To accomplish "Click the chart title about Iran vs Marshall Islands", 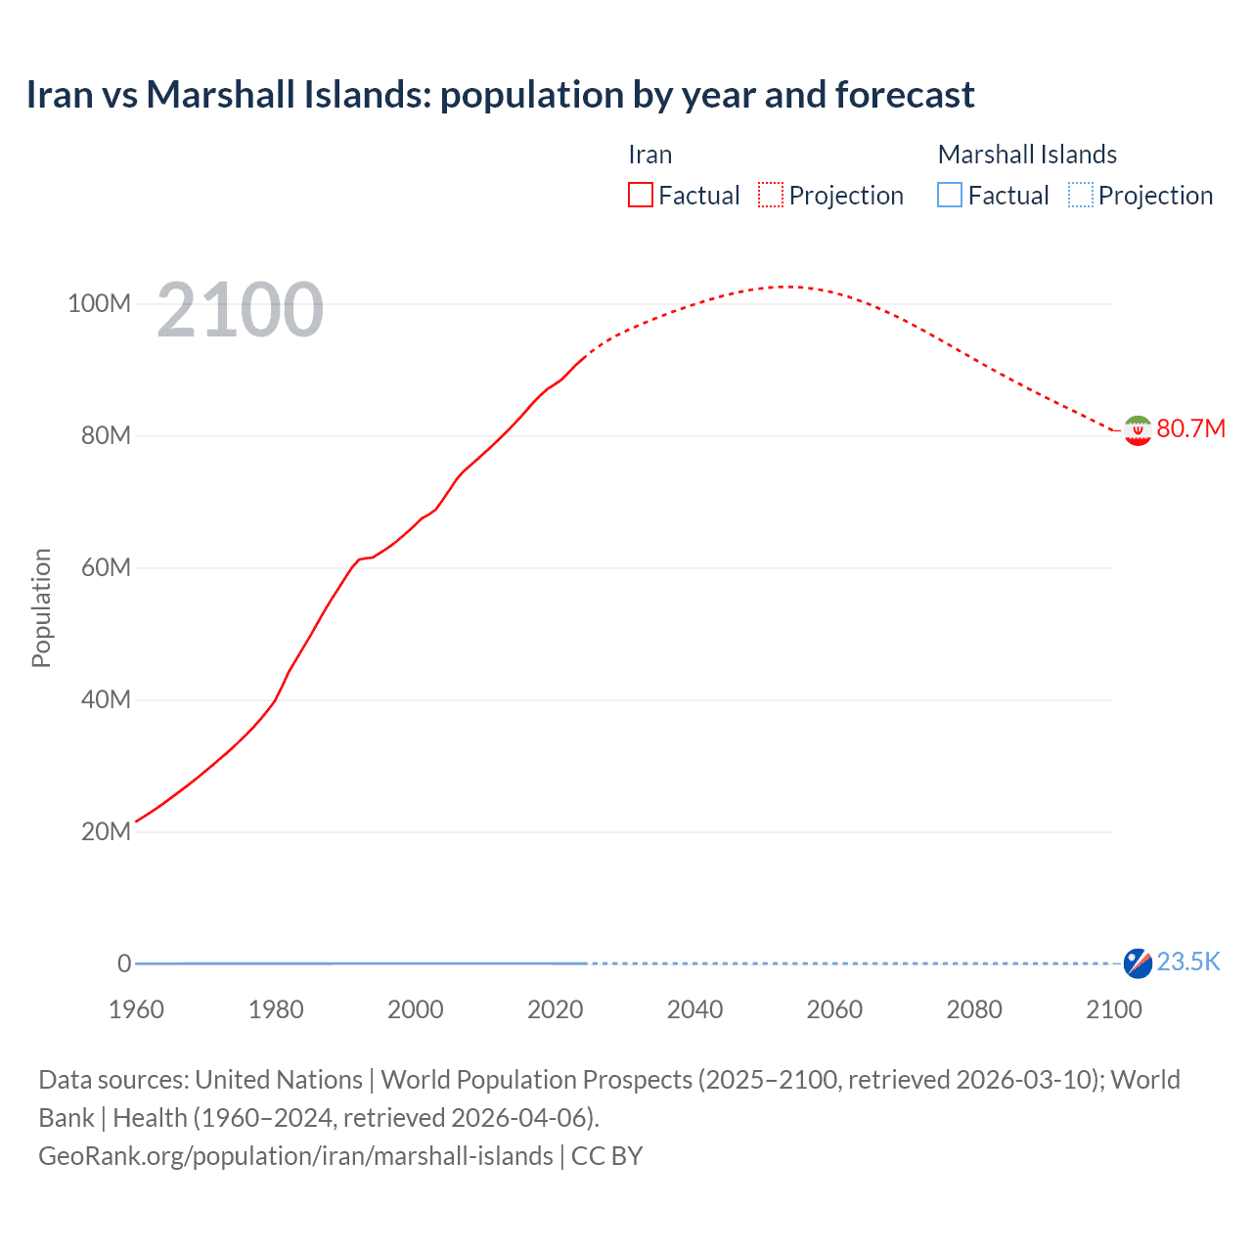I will pos(500,95).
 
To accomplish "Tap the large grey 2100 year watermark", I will pos(240,310).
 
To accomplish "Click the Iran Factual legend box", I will pos(641,196).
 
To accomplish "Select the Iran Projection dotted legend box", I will pos(771,196).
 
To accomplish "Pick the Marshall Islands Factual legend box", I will pos(950,196).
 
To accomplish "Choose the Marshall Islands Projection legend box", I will pos(1081,196).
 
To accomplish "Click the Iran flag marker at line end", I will pos(1138,430).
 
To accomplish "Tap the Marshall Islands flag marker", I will pos(1138,962).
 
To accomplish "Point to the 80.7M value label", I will pos(1190,429).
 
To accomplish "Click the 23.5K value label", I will pos(1188,962).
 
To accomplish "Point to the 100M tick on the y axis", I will pos(99,304).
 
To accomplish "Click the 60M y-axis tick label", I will pos(106,568).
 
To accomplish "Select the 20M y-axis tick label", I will pos(106,832).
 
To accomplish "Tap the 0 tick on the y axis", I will pos(124,964).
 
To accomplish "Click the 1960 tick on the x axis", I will pos(137,1009).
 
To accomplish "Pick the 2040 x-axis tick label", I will pos(694,1009).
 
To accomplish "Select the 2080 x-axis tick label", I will pos(974,1009).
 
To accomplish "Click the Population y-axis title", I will pos(41,607).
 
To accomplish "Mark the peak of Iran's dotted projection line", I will pos(785,287).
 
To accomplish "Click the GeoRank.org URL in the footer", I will pos(295,1156).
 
